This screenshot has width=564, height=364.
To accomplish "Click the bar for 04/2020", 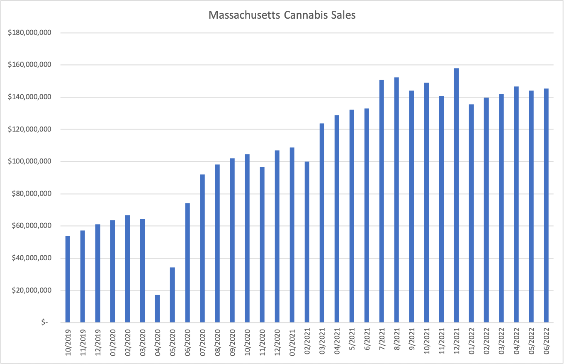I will coord(158,308).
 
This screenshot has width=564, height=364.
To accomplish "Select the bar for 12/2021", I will coord(457,195).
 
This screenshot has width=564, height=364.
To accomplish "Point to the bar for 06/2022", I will coord(546,205).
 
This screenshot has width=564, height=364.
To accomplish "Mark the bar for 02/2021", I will coord(307,242).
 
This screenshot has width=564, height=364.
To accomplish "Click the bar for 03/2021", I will coord(322,223).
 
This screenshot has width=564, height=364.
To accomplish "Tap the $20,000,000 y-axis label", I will coord(29,291).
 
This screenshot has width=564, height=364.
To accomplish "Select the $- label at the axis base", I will coord(44,322).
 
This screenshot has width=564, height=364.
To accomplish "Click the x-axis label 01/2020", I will coord(113,342).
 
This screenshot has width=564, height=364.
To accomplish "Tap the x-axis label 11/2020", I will coord(262,342).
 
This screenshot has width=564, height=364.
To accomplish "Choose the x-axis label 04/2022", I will coord(517,342).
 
